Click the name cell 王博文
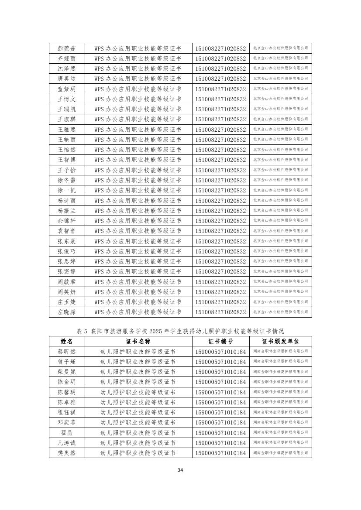[66, 99]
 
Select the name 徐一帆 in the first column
[66, 190]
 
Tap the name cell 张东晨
[66, 241]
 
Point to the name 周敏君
[66, 282]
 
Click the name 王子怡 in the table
[66, 170]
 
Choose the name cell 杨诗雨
[66, 201]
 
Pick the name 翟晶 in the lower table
[66, 433]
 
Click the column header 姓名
[66, 341]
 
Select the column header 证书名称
[138, 341]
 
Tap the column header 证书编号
[220, 341]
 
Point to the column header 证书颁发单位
[281, 341]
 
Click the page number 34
[180, 470]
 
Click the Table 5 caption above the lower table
[180, 331]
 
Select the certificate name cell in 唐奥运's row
[138, 79]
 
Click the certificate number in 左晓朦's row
[220, 312]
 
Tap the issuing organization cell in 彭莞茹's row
[281, 48]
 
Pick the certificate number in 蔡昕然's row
[220, 352]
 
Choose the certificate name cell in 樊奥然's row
[138, 453]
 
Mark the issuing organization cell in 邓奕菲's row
[281, 422]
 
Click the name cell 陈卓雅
[66, 402]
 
